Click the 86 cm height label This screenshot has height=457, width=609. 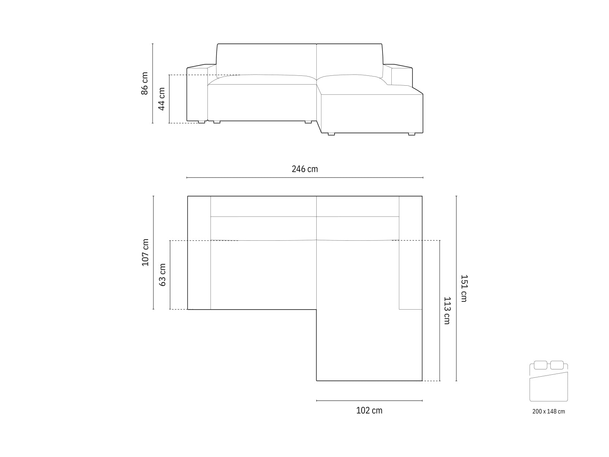tap(145, 83)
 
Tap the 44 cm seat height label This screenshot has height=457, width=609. tap(162, 99)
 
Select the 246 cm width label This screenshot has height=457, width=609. tap(304, 169)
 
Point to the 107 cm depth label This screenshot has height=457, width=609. tap(145, 252)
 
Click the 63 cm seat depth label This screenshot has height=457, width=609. tap(163, 275)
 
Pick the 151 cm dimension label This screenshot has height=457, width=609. tap(464, 288)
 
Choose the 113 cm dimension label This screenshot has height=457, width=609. tap(447, 310)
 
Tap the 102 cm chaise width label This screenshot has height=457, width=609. tap(369, 411)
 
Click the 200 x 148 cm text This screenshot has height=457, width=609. tap(548, 411)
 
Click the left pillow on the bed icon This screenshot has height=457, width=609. tap(540, 365)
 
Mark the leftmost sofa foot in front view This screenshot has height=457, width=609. tap(200, 122)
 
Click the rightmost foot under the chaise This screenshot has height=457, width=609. tap(412, 134)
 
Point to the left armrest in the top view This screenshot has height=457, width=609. tap(199, 252)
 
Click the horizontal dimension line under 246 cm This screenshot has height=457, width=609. tap(304, 178)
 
